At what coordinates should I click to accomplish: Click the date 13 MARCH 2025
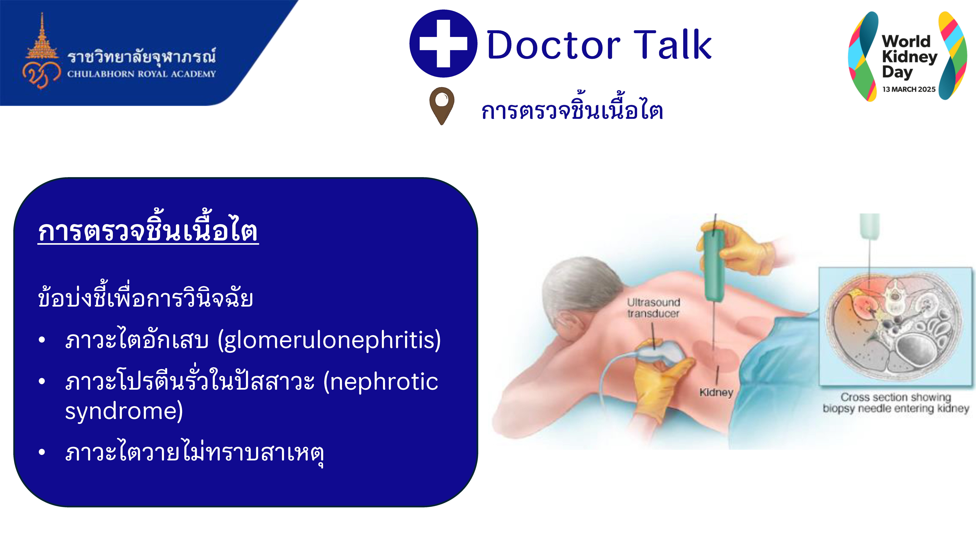tap(909, 89)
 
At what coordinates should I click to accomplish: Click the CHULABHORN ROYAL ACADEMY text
tap(141, 74)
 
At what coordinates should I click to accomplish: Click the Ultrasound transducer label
tap(653, 308)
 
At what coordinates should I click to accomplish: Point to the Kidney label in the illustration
tap(716, 392)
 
